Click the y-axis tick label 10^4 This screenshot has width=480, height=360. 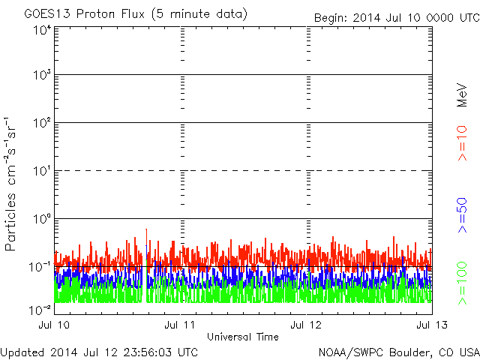tap(41, 31)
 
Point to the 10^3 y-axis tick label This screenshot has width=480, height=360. tap(41, 76)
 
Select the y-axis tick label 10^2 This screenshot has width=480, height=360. tap(41, 124)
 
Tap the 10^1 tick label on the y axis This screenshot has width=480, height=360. tap(41, 172)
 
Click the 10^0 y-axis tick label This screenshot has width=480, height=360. tap(41, 220)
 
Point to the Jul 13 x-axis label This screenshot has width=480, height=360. tap(431, 325)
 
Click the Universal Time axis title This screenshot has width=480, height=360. tap(242, 337)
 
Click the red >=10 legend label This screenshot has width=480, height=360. tap(463, 143)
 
